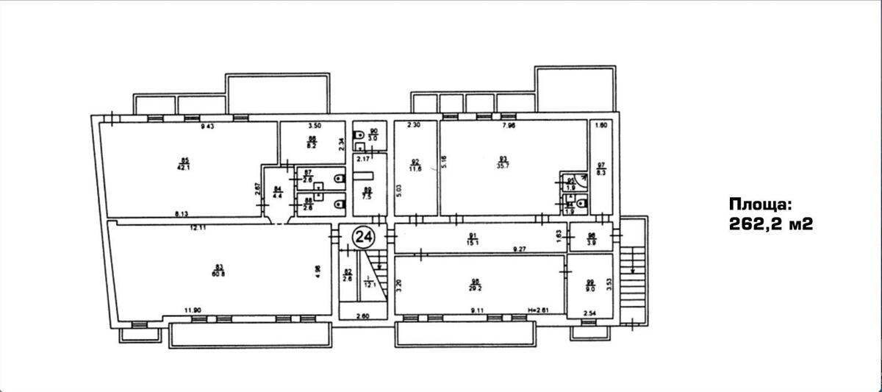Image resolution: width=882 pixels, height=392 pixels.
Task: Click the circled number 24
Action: coord(363,236)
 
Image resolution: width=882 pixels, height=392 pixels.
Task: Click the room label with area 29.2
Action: coord(476,284)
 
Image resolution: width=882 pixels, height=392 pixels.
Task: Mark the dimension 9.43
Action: coord(211,126)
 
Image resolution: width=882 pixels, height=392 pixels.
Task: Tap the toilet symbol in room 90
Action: coord(357,135)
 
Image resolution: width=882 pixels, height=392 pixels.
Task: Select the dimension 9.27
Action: coord(521,249)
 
